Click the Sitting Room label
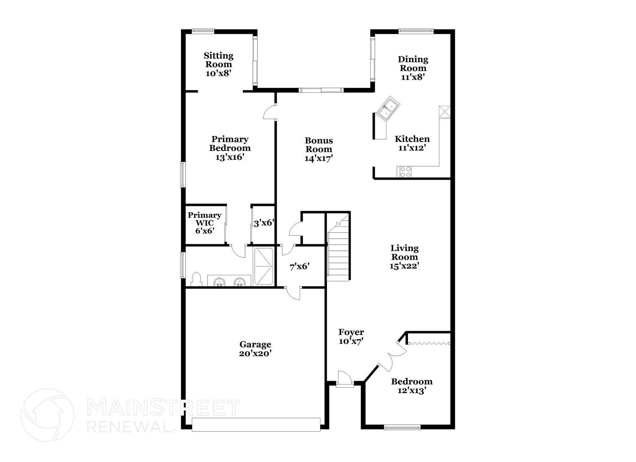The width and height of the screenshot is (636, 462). (x=219, y=60)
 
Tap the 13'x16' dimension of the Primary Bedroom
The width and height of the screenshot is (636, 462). (x=230, y=157)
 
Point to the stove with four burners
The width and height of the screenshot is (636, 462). (x=404, y=172)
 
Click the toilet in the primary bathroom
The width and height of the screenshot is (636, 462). (x=196, y=279)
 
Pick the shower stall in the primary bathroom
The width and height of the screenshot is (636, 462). (x=264, y=266)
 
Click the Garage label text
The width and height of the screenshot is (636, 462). (x=255, y=344)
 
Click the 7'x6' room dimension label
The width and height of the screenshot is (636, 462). (x=299, y=267)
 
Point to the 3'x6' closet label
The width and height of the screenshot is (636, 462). (x=264, y=223)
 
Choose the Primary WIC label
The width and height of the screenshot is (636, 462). (x=204, y=219)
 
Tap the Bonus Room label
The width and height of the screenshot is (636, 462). (x=319, y=145)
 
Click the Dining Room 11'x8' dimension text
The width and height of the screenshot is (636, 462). (x=413, y=77)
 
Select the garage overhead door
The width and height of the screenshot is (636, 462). (x=256, y=424)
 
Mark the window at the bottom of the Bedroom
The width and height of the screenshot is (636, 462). (x=402, y=428)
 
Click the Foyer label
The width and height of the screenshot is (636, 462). (x=351, y=332)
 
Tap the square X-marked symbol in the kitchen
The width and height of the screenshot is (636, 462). (x=444, y=112)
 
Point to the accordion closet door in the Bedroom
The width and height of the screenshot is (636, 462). (x=429, y=343)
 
